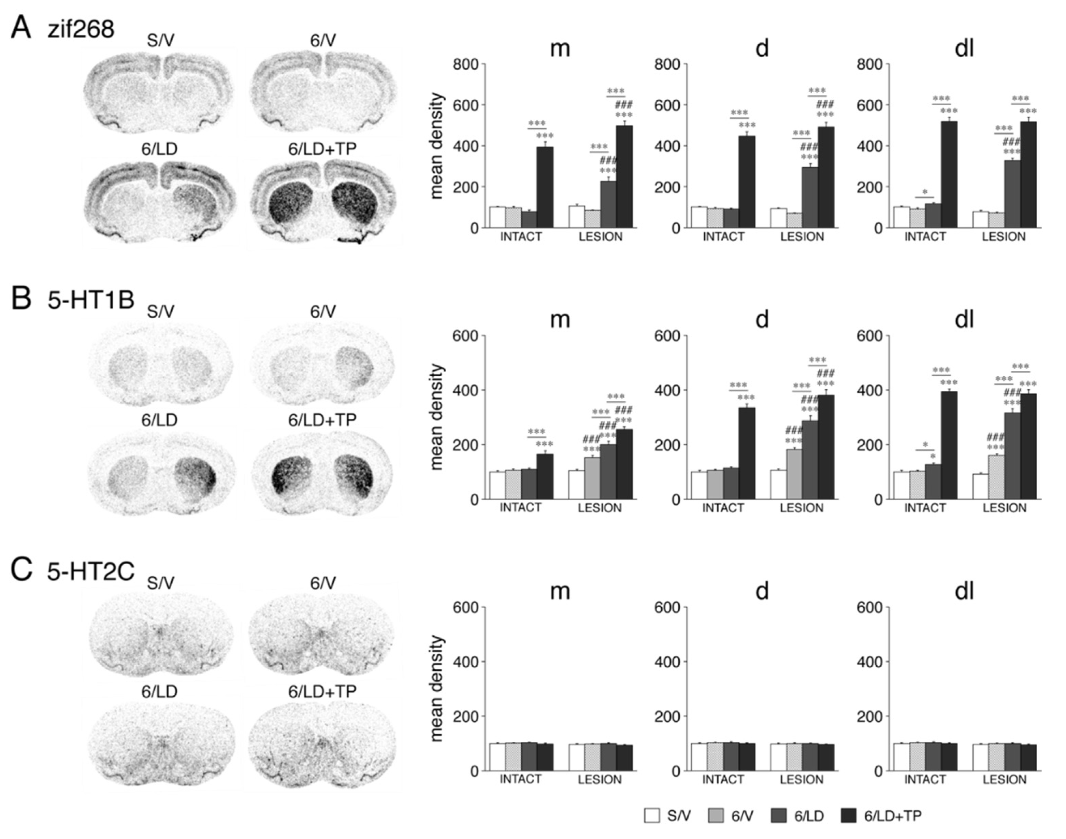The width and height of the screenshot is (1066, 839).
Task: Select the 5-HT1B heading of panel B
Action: (91, 299)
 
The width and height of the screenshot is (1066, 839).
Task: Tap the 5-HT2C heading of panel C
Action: (91, 571)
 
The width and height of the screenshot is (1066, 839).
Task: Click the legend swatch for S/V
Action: (652, 816)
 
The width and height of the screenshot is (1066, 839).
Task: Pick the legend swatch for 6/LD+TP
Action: (849, 816)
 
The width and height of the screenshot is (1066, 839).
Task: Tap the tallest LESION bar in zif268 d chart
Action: (826, 177)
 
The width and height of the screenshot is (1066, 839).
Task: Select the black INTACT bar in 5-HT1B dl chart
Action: (949, 445)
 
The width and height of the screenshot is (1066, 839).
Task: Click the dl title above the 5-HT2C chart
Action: (964, 591)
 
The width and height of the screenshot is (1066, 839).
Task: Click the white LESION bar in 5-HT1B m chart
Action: (576, 485)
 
